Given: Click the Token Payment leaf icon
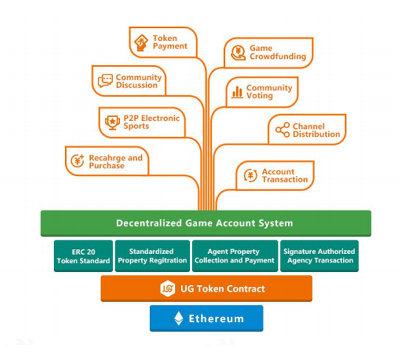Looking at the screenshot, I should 141,42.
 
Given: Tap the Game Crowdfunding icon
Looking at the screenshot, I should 238,52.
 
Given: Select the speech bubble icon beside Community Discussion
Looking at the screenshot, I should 105,81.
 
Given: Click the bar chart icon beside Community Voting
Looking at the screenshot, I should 237,92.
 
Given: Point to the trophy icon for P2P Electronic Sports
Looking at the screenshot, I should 112,122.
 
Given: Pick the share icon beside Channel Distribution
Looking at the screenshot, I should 282,130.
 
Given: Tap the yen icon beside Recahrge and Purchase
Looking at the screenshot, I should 78,161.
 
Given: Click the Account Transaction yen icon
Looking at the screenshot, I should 250,176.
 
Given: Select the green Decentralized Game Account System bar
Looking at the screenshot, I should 206,223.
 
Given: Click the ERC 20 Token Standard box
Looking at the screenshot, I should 83,256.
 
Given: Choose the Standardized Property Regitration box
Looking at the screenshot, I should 152,256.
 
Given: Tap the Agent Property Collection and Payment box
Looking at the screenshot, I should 234,256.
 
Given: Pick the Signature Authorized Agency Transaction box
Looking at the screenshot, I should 319,256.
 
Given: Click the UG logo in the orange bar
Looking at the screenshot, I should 167,289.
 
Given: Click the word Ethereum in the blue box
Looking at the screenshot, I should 216,318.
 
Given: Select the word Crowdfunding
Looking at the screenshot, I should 277,57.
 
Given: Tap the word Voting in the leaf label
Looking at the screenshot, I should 259,96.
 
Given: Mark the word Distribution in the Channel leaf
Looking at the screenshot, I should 316,134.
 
